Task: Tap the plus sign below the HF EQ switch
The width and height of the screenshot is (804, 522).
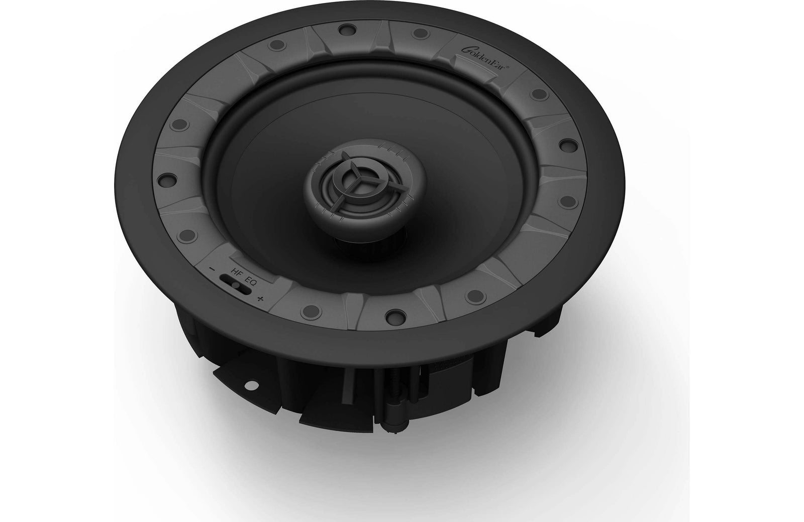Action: point(260,300)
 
